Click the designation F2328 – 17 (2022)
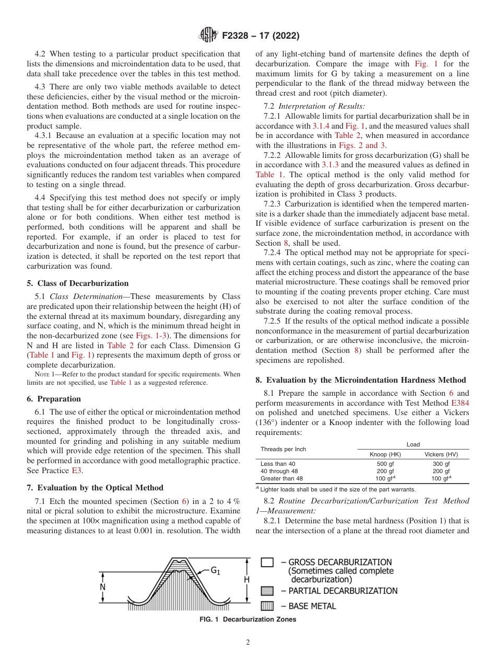pyautogui.click(x=260, y=36)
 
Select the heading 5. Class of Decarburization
pyautogui.click(x=77, y=283)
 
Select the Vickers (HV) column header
pyautogui.click(x=441, y=454)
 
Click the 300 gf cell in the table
pyautogui.click(x=441, y=464)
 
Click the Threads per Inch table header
pyautogui.click(x=283, y=449)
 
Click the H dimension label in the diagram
pyautogui.click(x=246, y=580)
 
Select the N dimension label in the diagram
pyautogui.click(x=103, y=587)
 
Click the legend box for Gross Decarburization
pyautogui.click(x=267, y=563)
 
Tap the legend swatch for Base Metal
pyautogui.click(x=267, y=606)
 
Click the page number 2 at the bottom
pyautogui.click(x=248, y=643)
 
